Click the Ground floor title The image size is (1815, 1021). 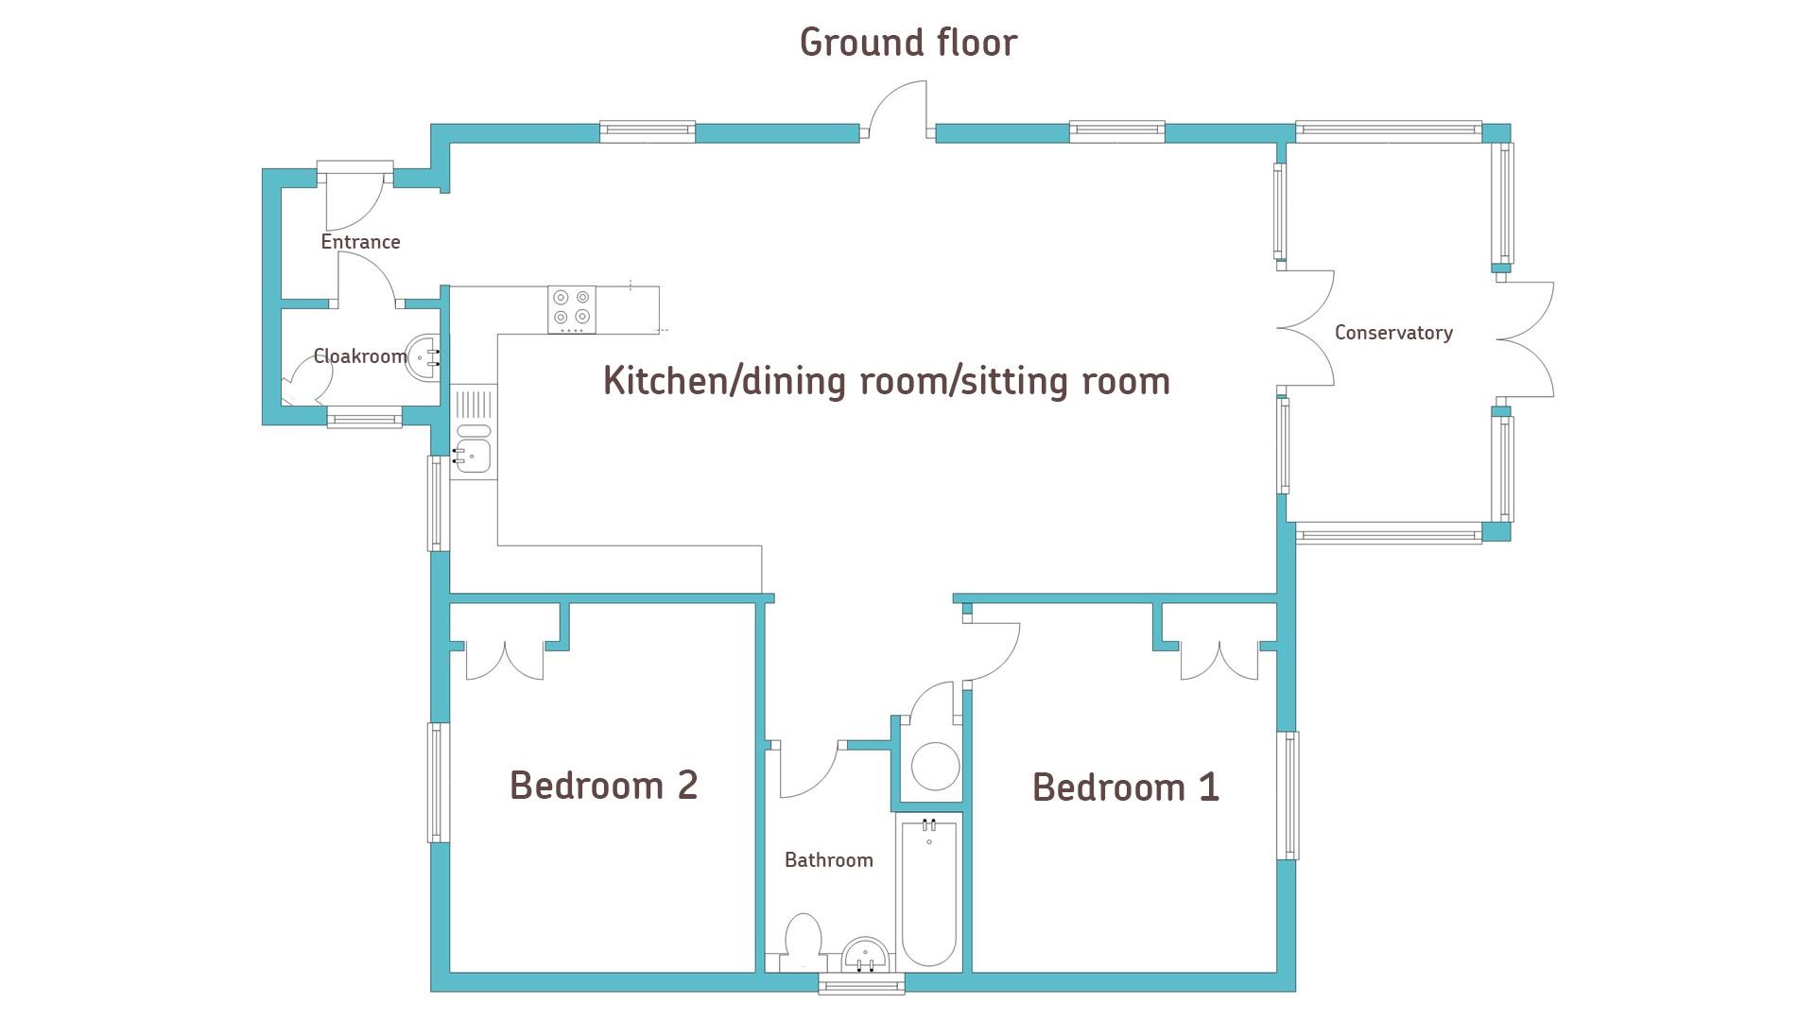point(908,43)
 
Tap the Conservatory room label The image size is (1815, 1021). point(1393,333)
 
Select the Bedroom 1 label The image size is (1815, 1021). point(1125,787)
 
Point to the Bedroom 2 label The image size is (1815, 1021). point(603,786)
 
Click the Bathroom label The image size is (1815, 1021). point(829,860)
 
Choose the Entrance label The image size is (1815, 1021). point(360,242)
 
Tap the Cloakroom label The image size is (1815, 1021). point(360,356)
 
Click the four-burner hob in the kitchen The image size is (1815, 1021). point(572,309)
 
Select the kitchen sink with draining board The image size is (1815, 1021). point(474,432)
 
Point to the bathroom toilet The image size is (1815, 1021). point(803,942)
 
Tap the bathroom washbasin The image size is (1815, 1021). point(865,954)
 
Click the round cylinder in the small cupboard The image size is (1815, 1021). point(935,766)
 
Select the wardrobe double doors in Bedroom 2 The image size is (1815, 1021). point(506,661)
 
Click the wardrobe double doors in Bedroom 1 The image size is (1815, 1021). point(1219,661)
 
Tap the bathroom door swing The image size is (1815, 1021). point(809,770)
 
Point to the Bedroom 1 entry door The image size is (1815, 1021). point(992,651)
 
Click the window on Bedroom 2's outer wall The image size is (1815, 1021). point(438,782)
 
